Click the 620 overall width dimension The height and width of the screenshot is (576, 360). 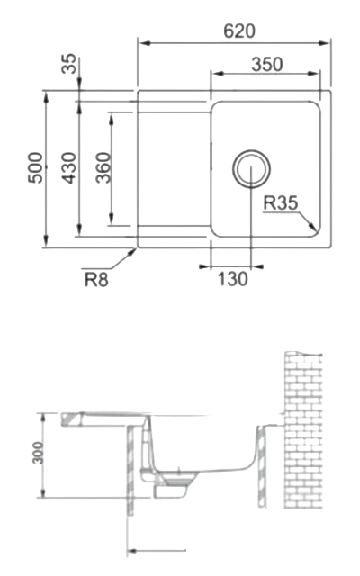[239, 31]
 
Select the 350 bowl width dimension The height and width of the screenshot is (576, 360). [267, 64]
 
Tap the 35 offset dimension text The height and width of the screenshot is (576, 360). [68, 64]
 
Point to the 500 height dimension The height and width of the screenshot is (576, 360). [36, 168]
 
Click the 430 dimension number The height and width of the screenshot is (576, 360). [68, 168]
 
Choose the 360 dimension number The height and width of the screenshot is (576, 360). [103, 168]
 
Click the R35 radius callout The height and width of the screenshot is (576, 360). [281, 203]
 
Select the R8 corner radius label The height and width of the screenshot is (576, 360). [96, 280]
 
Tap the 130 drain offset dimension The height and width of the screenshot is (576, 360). [233, 279]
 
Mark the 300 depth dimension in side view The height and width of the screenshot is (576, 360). [38, 453]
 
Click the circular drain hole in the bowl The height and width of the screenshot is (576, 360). [251, 169]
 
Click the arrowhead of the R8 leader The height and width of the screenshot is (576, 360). [132, 252]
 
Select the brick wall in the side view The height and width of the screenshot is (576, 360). [303, 430]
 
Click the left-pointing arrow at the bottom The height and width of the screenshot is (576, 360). [157, 551]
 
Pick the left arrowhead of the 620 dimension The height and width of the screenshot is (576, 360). [146, 43]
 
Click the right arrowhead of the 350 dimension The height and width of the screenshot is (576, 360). [313, 74]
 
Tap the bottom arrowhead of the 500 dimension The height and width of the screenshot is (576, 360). [46, 241]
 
